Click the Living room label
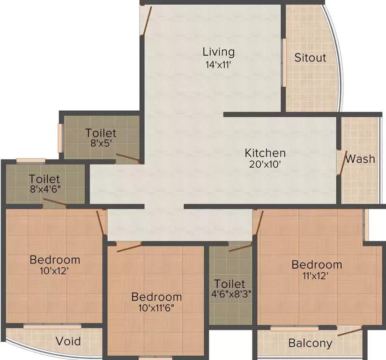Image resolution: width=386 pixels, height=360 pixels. (218, 52)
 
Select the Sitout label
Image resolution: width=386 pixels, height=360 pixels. (310, 58)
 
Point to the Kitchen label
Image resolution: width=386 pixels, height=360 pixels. (265, 153)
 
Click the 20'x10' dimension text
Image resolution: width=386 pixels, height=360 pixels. (265, 165)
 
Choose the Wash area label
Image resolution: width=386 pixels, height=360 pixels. (360, 159)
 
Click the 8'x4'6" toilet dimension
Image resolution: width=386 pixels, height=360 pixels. (45, 190)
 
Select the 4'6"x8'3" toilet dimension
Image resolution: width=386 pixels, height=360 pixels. (230, 295)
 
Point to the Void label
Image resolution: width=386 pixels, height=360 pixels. (68, 341)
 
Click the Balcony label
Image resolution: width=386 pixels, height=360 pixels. (310, 343)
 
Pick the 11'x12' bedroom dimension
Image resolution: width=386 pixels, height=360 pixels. (317, 276)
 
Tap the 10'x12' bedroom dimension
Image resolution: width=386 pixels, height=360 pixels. (55, 270)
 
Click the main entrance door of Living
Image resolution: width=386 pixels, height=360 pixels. (146, 21)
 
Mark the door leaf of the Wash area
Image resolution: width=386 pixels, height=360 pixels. (343, 163)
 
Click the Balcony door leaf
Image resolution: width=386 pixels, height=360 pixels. (349, 332)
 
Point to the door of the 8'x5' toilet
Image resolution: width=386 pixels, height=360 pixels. (128, 157)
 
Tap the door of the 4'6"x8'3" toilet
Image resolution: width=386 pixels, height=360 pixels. (240, 248)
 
